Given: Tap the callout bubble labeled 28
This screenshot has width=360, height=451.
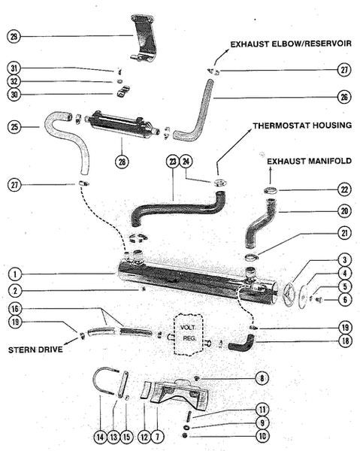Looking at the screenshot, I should pos(120,161).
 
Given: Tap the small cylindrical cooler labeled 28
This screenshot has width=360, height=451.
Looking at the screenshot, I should pos(120,124).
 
